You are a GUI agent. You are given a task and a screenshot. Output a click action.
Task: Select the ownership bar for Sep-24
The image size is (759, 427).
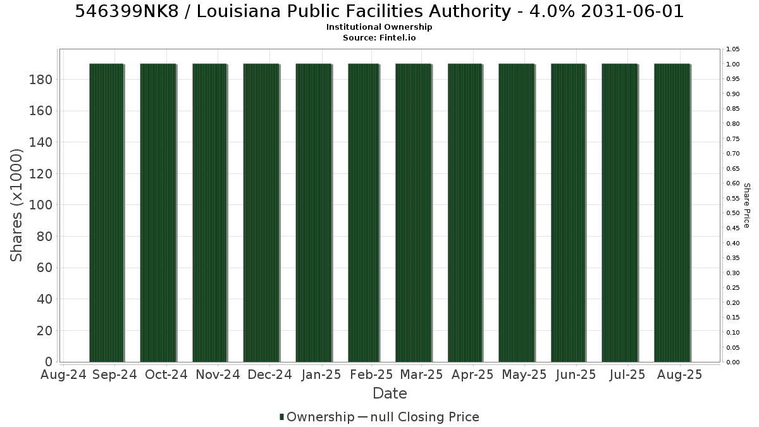[x=106, y=213]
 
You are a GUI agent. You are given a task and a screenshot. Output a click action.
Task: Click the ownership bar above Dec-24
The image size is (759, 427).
[x=261, y=213]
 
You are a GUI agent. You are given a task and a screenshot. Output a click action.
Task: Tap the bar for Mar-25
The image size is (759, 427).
[x=414, y=213]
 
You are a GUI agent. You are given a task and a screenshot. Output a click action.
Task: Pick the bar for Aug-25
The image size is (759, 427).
[x=672, y=213]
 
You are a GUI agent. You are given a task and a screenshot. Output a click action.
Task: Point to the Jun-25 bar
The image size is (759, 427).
[x=568, y=213]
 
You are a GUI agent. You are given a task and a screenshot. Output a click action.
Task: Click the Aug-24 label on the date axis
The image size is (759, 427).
[x=63, y=374]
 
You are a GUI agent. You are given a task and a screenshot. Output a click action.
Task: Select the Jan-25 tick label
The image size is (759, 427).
[x=321, y=374]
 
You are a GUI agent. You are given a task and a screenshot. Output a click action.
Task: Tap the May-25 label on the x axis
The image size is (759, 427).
[x=524, y=374]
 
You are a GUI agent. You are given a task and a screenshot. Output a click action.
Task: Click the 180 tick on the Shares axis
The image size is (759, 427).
[x=40, y=80]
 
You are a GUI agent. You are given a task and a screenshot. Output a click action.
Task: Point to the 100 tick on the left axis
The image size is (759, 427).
[x=40, y=205]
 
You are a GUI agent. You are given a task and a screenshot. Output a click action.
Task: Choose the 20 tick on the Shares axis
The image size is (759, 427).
[x=44, y=330]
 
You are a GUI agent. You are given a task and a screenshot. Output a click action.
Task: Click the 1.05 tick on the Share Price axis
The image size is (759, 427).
[x=733, y=49]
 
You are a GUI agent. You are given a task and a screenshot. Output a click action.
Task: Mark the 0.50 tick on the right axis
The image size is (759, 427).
[x=733, y=213]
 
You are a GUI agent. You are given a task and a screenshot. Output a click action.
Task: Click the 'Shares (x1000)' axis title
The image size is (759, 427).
[x=16, y=206]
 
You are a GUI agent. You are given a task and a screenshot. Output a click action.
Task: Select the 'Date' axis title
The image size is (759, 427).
[x=390, y=393]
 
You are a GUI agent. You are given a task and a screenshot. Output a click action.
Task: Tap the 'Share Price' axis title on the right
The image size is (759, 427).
[x=747, y=206]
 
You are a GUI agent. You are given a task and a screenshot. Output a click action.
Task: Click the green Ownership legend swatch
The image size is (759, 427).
[x=281, y=417]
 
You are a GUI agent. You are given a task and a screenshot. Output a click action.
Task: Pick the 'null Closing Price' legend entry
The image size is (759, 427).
[x=425, y=417]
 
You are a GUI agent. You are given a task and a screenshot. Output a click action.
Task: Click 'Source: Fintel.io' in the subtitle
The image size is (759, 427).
[x=379, y=37]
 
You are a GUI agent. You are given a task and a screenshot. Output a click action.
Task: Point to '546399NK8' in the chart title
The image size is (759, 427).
[x=126, y=11]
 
